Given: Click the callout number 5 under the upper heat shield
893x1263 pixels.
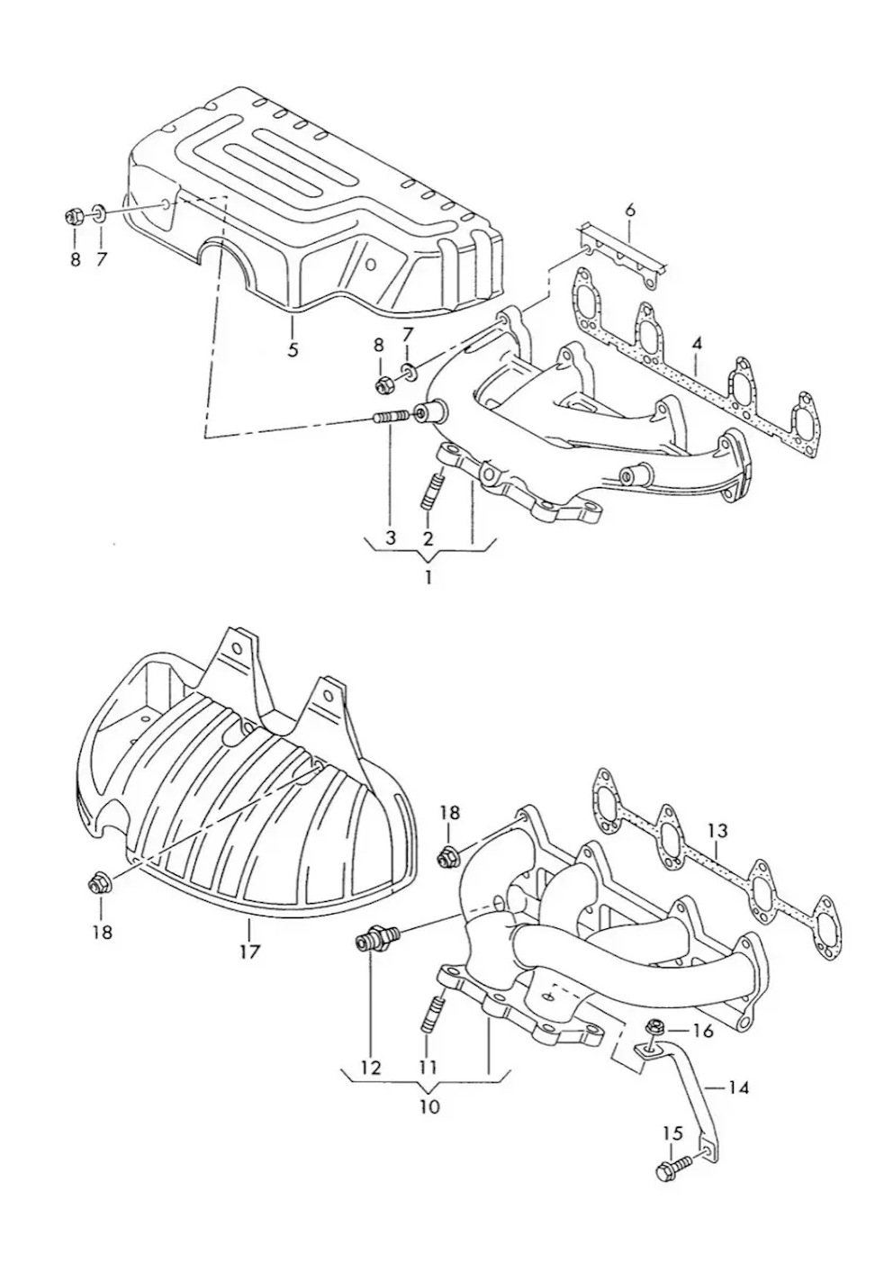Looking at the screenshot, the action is coord(292,349).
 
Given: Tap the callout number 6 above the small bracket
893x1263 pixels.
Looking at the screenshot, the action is coord(630,210).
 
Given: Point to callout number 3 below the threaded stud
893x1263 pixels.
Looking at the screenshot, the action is coord(391,537).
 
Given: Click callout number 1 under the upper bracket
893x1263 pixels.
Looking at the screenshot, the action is coord(428,578).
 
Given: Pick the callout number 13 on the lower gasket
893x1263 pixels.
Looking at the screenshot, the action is coord(717,831).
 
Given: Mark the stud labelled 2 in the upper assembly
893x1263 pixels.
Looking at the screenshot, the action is coord(432,491).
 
